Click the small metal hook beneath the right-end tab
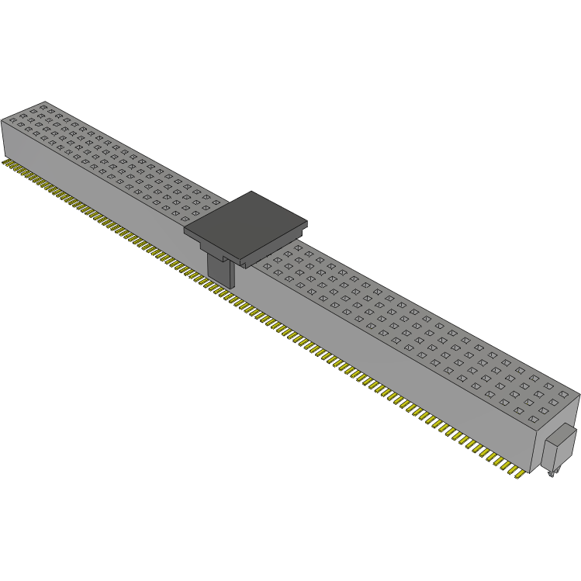pyautogui.click(x=552, y=471)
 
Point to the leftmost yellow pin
pyautogui.click(x=5, y=164)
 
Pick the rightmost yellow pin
pyautogui.click(x=516, y=473)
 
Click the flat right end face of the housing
pyautogui.click(x=555, y=431)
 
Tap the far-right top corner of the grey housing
pyautogui.click(x=579, y=395)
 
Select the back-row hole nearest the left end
pyautogui.click(x=44, y=106)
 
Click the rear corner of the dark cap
pyautogui.click(x=251, y=192)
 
